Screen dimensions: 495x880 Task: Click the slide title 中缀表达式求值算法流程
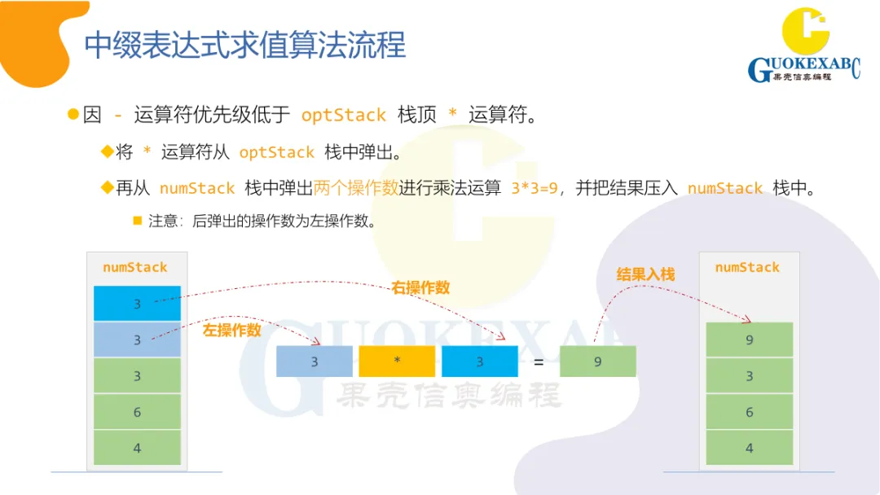(244, 45)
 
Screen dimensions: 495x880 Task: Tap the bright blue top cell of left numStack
(137, 304)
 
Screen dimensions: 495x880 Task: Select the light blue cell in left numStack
(137, 339)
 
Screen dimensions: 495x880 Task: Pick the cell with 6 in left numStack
(137, 412)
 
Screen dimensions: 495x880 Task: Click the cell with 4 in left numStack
(137, 448)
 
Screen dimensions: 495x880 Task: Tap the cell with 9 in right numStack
(750, 339)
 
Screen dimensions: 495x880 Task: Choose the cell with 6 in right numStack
(750, 412)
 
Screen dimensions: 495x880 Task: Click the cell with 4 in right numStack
(750, 448)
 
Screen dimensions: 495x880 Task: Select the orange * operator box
(397, 361)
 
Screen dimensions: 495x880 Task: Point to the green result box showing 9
(597, 361)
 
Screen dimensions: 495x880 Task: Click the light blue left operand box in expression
(315, 361)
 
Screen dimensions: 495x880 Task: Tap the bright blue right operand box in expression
(479, 361)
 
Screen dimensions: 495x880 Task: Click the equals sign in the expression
(539, 362)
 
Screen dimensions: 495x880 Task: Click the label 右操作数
(420, 288)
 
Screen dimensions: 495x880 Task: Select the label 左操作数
(232, 330)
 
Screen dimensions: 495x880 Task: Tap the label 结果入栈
(646, 275)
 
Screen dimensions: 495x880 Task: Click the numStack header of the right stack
(747, 267)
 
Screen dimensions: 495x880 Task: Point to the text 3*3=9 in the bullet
(535, 188)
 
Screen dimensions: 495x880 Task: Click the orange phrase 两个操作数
(356, 188)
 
